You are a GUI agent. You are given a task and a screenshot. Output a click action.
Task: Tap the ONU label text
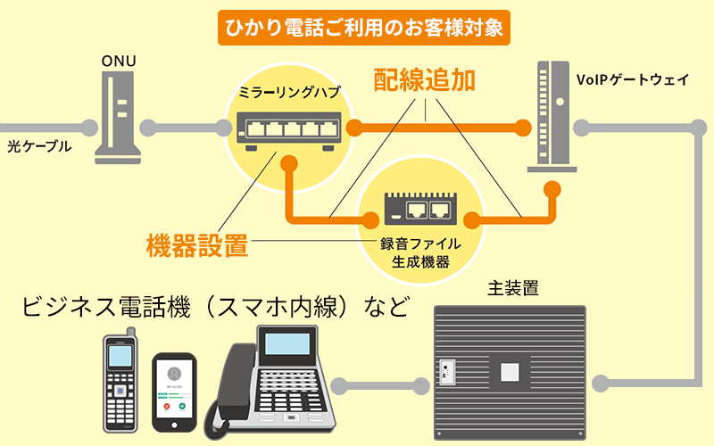pos(118,62)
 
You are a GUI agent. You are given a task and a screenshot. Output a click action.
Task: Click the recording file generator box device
pos(418,210)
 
